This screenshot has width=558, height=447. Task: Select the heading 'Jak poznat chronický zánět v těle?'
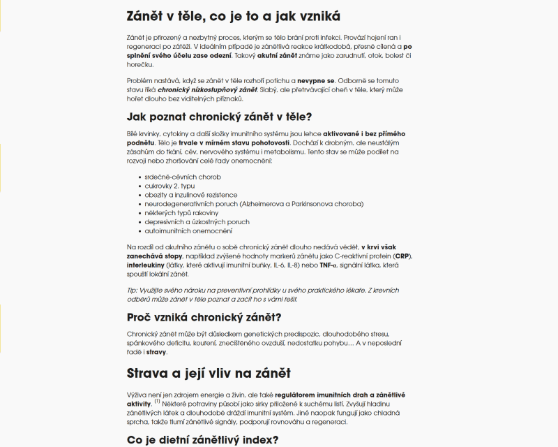(218, 117)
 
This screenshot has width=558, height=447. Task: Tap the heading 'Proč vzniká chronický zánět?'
(204, 318)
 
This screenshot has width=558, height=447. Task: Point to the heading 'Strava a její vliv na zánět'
(209, 373)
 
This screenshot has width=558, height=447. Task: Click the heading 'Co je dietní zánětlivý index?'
(203, 439)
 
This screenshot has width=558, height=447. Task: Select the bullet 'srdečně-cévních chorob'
(182, 177)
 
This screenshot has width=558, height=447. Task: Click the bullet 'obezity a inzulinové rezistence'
(190, 196)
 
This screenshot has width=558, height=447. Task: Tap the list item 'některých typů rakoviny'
(181, 213)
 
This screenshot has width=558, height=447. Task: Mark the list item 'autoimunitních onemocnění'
(188, 231)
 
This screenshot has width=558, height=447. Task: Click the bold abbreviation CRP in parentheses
(402, 256)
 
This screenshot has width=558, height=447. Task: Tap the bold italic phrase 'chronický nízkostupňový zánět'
(206, 90)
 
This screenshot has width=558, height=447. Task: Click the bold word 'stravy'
(156, 353)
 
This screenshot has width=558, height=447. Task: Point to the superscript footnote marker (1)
(158, 402)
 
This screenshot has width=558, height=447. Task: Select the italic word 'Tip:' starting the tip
(133, 290)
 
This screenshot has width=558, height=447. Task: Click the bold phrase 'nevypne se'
(317, 81)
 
